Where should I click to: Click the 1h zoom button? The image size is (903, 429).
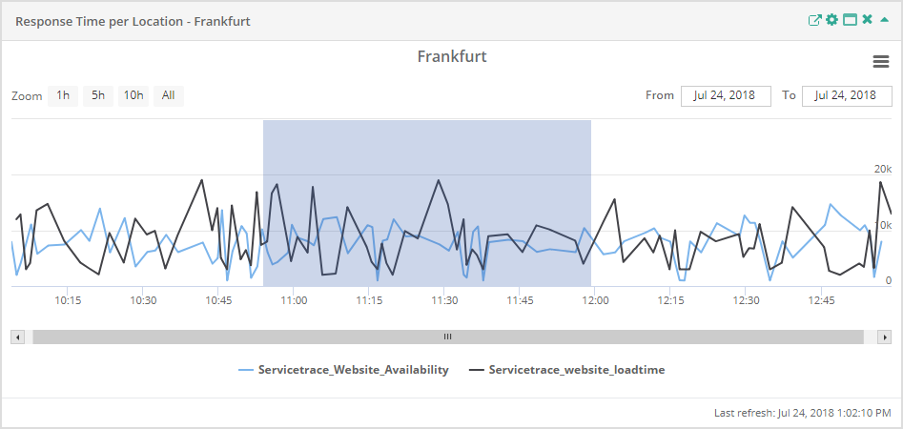click(x=63, y=95)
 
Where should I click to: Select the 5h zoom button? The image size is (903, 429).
click(x=97, y=95)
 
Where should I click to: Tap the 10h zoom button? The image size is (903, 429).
click(x=133, y=95)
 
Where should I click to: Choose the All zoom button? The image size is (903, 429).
click(x=168, y=95)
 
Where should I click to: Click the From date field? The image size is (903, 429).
click(x=725, y=95)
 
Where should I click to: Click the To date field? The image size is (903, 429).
click(x=846, y=95)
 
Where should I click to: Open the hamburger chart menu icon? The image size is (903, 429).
click(x=881, y=61)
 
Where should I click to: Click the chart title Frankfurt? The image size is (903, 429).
click(x=452, y=57)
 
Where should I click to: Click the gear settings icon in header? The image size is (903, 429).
click(x=831, y=20)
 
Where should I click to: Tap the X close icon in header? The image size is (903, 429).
click(x=867, y=20)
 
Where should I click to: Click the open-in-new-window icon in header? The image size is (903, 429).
click(x=814, y=20)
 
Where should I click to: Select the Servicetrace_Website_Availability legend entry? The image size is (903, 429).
click(x=353, y=370)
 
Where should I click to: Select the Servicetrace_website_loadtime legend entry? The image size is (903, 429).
click(x=576, y=370)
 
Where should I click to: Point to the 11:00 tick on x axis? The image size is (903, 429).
click(x=294, y=300)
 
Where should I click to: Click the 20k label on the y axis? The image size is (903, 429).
click(x=882, y=169)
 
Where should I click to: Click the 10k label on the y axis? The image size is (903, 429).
click(x=882, y=225)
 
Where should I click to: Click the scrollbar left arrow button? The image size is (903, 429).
click(x=17, y=337)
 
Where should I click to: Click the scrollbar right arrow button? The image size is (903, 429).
click(x=885, y=337)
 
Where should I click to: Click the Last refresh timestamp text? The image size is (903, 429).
click(x=802, y=413)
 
